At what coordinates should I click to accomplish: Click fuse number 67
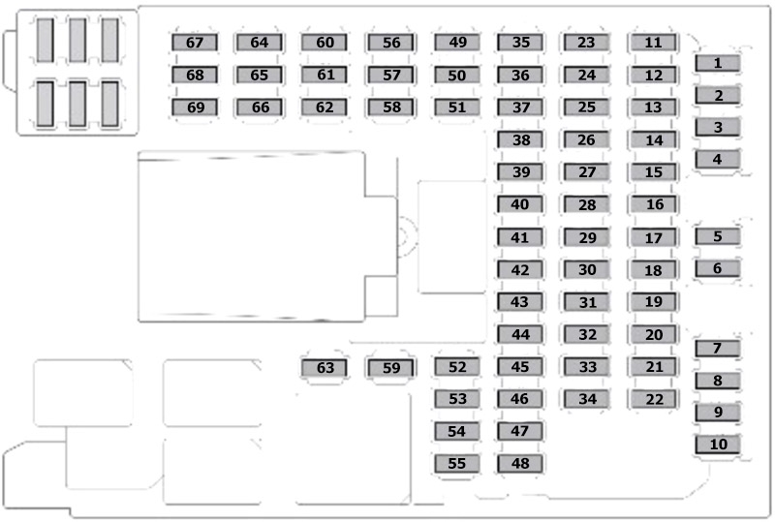pos(195,43)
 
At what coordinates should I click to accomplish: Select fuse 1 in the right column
pos(718,63)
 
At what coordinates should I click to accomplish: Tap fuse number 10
pos(718,445)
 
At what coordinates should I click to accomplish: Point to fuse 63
pos(325,368)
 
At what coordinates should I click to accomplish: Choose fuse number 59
pos(391,368)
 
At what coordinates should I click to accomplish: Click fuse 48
pos(520,464)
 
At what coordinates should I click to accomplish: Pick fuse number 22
pos(653,399)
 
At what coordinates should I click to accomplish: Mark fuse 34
pos(587,399)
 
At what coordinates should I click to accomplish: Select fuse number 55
pos(456,464)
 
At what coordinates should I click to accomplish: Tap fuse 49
pos(457,43)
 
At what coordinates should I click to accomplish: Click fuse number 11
pos(653,43)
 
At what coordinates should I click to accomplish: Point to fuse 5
pos(718,236)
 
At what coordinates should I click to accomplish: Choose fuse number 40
pos(520,204)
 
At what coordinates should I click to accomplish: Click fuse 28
pos(587,204)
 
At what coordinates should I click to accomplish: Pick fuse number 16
pos(653,204)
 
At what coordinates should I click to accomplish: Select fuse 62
pos(325,107)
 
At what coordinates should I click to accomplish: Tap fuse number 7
pos(718,349)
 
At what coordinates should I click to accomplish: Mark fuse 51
pos(457,107)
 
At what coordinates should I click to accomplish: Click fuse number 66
pos(260,107)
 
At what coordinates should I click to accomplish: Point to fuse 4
pos(718,159)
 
